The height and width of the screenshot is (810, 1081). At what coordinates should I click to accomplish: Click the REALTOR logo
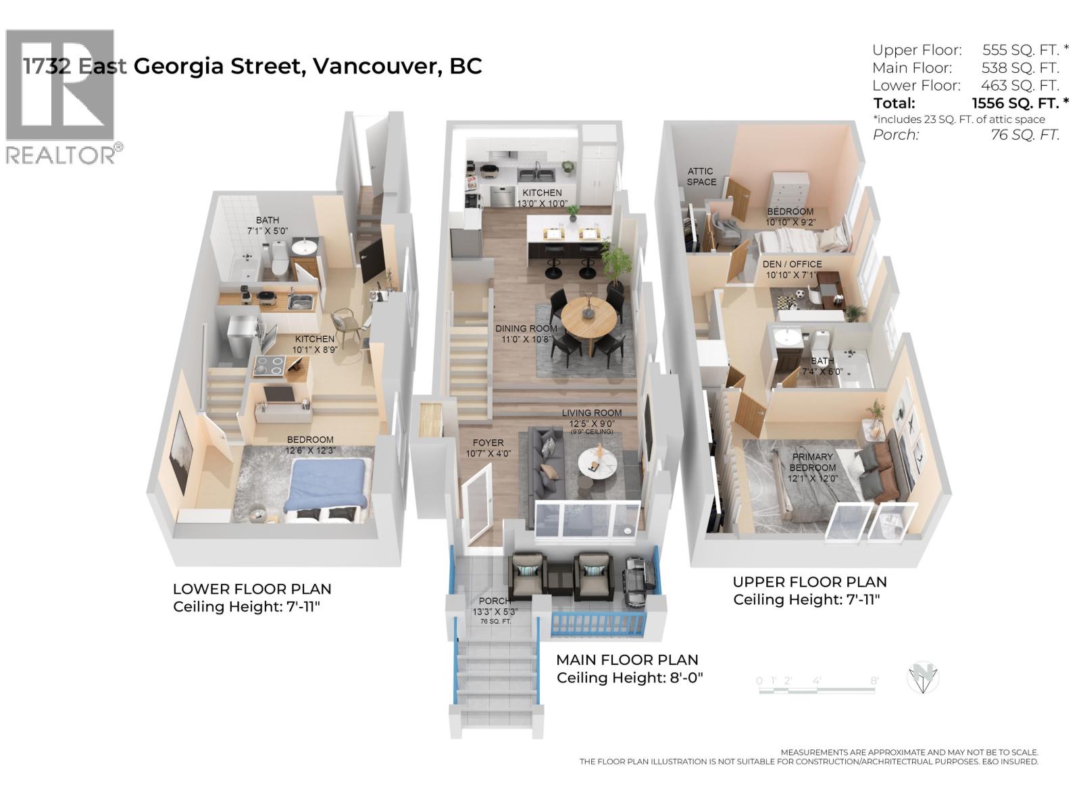click(61, 94)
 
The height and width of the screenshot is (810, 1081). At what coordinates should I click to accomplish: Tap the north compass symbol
click(922, 678)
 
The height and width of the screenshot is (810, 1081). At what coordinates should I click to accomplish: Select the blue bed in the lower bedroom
click(326, 485)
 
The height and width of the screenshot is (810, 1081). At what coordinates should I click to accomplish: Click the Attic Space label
click(701, 177)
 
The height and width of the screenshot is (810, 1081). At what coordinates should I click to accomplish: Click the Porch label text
click(495, 601)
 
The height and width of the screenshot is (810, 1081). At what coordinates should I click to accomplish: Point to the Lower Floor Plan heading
click(251, 589)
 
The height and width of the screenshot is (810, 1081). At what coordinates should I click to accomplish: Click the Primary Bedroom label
click(812, 462)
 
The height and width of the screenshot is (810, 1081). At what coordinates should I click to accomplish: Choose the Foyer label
click(488, 443)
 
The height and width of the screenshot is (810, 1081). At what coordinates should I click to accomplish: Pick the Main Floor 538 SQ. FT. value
click(1020, 67)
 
